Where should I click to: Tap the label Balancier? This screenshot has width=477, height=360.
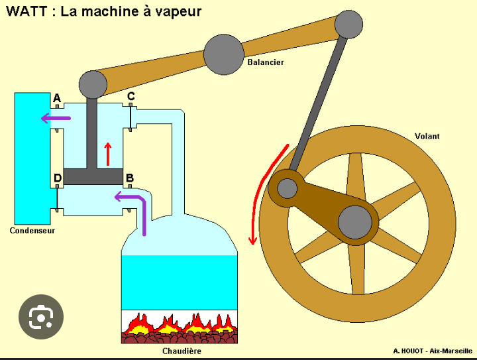click(266, 62)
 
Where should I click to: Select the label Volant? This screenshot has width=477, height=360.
click(427, 137)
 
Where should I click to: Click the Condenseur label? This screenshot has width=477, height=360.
click(32, 231)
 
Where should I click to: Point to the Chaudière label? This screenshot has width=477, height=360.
click(182, 351)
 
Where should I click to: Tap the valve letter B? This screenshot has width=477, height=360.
click(130, 178)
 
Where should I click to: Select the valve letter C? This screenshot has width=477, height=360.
click(131, 97)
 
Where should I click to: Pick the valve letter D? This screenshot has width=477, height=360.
click(58, 178)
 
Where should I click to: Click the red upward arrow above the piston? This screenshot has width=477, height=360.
click(107, 153)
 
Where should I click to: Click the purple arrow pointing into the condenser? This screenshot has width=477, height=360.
click(56, 119)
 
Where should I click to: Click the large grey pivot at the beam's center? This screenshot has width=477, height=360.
click(224, 54)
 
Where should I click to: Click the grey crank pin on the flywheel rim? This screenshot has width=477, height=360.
click(288, 188)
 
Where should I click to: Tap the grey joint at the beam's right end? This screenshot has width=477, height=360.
click(348, 25)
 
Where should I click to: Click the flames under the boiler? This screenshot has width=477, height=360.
click(179, 325)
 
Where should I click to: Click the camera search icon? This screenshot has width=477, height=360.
click(41, 317)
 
